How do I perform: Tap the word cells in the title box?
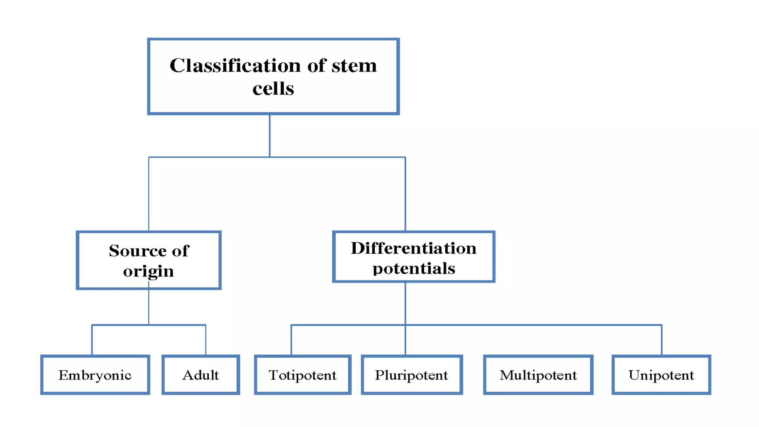(273, 89)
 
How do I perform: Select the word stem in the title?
(354, 66)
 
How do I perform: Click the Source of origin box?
(149, 260)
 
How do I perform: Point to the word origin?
(148, 271)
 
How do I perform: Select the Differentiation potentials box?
(414, 257)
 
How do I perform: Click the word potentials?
(414, 268)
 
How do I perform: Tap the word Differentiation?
(414, 248)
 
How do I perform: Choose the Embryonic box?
(95, 375)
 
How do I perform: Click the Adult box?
(200, 375)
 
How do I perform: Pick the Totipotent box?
(302, 375)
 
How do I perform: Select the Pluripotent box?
(411, 375)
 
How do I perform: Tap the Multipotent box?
(538, 375)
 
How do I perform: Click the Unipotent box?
(661, 375)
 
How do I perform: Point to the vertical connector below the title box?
(269, 135)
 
